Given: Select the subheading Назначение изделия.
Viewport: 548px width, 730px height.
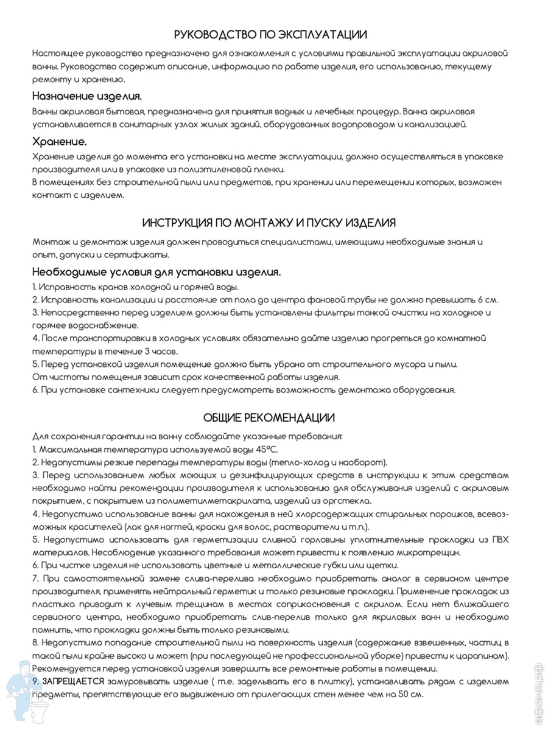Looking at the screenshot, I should (x=87, y=96).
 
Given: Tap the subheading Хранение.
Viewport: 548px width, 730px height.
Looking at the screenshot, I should (x=60, y=141).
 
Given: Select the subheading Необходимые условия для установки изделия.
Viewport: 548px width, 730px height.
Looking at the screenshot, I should (x=156, y=272).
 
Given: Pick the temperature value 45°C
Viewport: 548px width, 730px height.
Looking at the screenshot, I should (x=265, y=449).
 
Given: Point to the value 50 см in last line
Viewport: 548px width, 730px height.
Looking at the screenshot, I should (x=412, y=694).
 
